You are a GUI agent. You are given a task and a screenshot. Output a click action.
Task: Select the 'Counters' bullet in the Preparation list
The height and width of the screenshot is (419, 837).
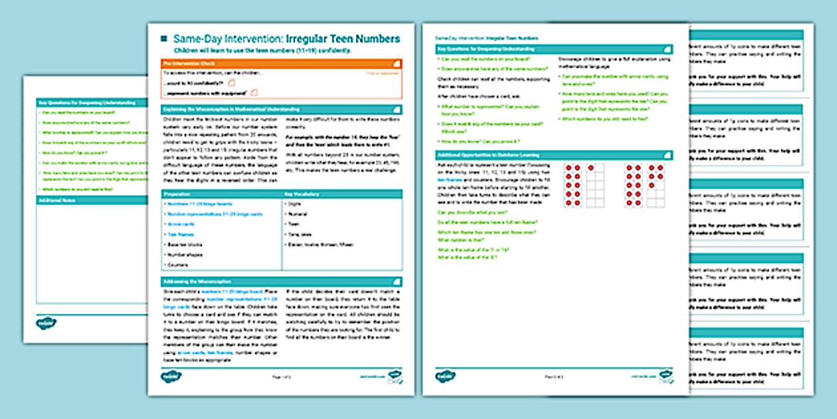point(178,264)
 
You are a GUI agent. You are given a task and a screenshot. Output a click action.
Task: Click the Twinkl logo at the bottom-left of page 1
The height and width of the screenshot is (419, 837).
point(171,376)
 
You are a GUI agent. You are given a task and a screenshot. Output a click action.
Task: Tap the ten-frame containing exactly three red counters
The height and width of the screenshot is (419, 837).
point(656,186)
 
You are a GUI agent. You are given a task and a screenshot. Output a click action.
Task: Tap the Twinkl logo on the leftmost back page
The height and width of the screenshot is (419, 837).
point(46,323)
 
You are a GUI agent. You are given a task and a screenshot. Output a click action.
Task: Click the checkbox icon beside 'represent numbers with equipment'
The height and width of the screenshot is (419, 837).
point(254,93)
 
